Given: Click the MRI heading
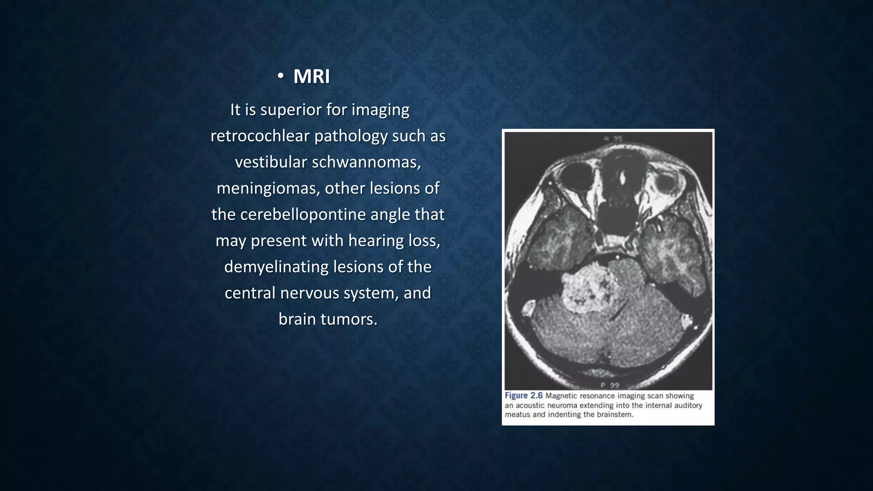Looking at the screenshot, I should pos(311,77).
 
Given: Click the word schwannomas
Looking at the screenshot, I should pos(366,162).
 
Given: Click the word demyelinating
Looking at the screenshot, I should pos(276,267).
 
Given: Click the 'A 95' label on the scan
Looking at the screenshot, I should pos(613,139).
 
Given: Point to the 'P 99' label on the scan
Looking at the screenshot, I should pos(610,385).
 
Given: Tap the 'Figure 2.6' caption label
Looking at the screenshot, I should pos(523,396).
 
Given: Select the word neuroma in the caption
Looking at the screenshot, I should pos(562,405).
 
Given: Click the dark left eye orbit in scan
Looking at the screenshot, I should pos(575,177).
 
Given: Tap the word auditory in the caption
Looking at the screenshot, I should pos(688,405).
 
